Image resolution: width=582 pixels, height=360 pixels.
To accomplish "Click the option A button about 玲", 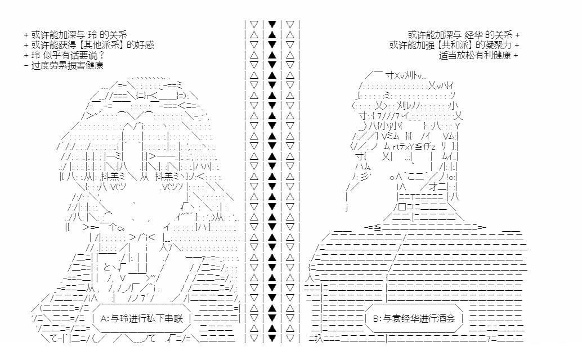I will [x=144, y=318].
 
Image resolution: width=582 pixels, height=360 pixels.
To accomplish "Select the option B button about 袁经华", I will [x=415, y=318].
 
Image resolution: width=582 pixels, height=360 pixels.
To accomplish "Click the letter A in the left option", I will [x=105, y=318].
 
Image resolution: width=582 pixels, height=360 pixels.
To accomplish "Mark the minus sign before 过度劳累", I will [x=26, y=65].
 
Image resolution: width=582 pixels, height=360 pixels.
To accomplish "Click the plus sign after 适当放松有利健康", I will [x=516, y=55].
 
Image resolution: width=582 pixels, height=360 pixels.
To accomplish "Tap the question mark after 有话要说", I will [x=101, y=55].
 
